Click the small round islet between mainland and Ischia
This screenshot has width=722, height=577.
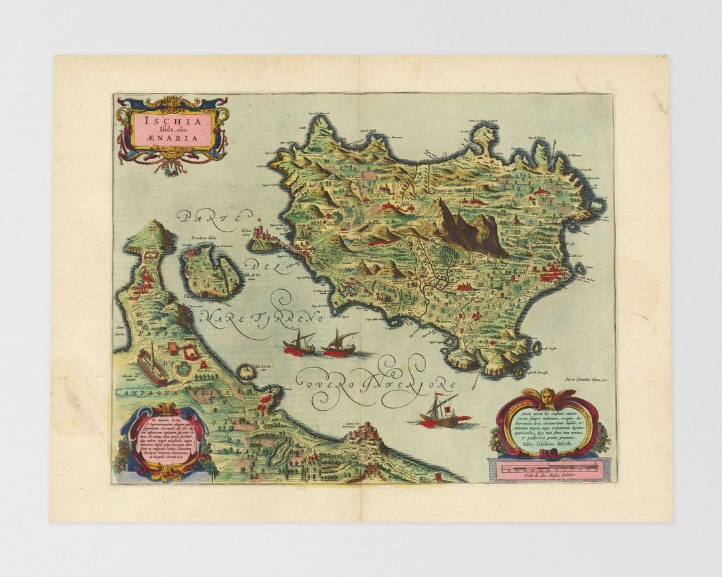[247, 371]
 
